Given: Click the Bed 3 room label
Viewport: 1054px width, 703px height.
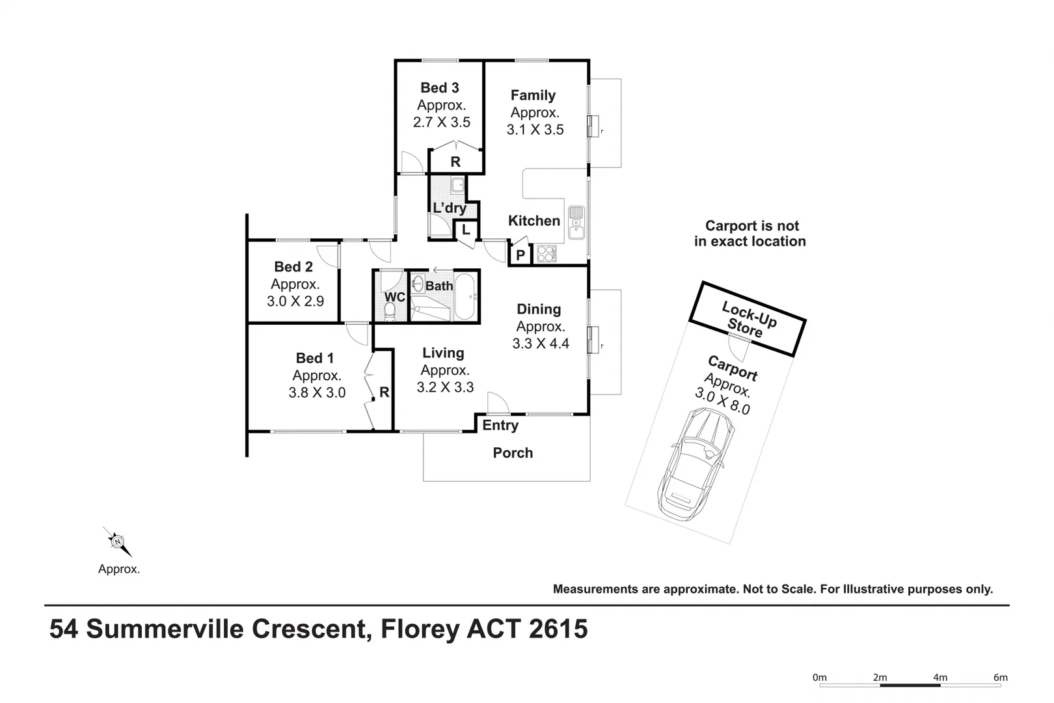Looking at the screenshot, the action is (439, 88).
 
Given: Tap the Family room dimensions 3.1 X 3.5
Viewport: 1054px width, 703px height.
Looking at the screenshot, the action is (535, 130).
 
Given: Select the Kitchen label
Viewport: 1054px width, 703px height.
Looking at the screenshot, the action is (534, 221).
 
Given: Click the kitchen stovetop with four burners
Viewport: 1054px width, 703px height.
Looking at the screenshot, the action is (547, 254).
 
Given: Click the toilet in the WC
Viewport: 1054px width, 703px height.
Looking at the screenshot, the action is (390, 311).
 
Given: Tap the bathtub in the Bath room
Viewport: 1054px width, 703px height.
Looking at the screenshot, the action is (465, 297).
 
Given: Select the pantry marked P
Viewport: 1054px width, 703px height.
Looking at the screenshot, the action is (520, 255).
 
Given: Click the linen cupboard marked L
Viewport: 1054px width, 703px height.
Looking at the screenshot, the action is (466, 230).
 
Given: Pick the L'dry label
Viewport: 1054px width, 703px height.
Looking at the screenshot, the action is (450, 208).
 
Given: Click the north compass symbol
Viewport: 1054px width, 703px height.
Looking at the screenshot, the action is (118, 542).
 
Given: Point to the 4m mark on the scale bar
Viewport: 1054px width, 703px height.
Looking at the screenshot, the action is (940, 678).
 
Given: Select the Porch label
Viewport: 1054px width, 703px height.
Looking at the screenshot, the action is (513, 453).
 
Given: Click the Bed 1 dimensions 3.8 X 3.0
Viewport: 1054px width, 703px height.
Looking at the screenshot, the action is (317, 393).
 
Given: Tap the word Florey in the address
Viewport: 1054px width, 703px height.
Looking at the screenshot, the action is (420, 629).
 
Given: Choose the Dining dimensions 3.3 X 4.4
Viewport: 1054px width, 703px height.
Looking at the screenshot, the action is (541, 343).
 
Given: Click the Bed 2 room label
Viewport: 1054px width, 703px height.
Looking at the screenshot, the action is (293, 266).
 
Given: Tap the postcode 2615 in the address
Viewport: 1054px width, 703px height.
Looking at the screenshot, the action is (558, 629).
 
